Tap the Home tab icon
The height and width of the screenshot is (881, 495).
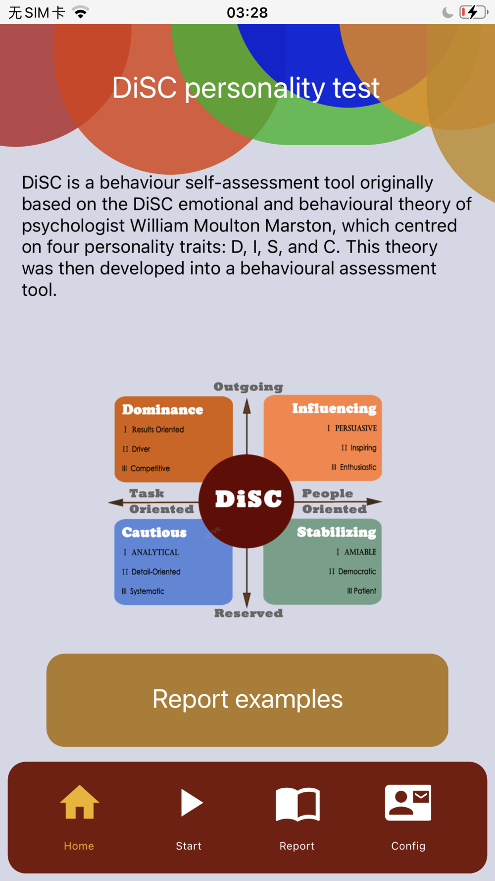79,802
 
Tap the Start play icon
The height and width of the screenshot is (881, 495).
192,803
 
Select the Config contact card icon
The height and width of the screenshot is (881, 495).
408,803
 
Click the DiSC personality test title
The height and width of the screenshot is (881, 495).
246,88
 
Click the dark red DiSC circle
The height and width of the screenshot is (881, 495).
247,501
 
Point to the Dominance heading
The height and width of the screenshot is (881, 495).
162,410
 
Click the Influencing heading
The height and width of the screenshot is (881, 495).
334,409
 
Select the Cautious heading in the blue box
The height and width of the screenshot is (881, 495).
154,532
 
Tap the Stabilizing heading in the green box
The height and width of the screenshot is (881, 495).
337,532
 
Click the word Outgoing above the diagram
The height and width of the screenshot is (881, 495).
248,387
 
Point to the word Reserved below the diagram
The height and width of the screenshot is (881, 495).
248,613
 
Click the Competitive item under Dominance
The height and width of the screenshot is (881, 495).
150,468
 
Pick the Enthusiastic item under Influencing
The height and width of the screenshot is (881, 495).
358,467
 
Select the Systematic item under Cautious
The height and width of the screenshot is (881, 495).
147,591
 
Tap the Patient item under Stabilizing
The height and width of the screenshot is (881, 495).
365,591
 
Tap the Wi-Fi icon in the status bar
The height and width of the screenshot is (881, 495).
81,12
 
